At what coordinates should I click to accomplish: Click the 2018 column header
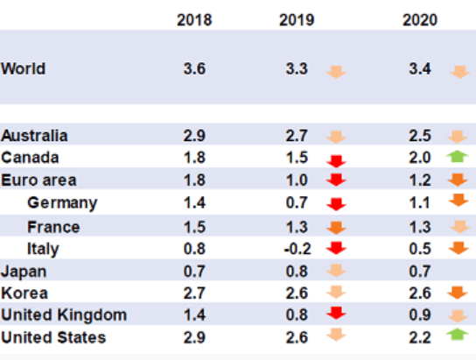194,20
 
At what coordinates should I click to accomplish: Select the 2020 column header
420,20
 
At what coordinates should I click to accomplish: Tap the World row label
24,68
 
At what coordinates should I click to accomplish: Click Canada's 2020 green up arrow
458,157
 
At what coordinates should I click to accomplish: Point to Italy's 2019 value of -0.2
297,249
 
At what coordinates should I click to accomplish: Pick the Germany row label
62,203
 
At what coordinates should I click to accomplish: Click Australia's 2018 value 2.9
194,136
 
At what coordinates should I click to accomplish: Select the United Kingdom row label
64,314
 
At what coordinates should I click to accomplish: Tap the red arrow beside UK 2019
336,313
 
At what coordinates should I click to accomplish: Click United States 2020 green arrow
458,335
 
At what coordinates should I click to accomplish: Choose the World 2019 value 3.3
297,68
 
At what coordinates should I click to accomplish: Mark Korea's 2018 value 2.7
194,293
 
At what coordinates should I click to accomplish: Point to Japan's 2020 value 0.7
420,271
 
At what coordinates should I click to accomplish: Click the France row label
53,227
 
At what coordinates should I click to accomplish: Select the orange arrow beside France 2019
336,228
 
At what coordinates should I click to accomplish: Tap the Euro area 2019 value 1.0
297,180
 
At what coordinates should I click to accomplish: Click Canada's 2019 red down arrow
336,161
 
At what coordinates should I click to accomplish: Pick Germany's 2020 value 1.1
420,202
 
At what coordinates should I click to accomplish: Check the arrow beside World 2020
460,72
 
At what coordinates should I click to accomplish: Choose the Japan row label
24,272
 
